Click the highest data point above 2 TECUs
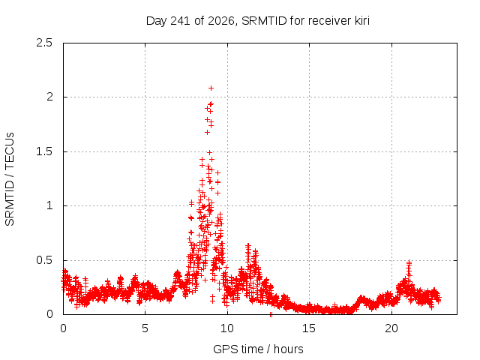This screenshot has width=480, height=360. coord(211,88)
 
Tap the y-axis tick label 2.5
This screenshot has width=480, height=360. coord(44,43)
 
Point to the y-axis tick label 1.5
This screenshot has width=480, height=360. coord(44,151)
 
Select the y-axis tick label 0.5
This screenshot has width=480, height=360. coord(44,260)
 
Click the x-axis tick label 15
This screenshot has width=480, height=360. coord(309,328)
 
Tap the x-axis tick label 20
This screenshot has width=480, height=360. coord(391,328)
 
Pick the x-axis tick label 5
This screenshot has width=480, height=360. coord(145,328)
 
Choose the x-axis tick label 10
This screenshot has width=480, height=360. coord(227,328)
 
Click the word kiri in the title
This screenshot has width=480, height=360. coord(362,21)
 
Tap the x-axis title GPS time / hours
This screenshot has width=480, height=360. coord(258,349)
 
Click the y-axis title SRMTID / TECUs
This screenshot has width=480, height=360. coord(10,179)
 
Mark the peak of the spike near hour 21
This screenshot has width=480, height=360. coord(409,262)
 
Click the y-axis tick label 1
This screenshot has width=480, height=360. coord(49,205)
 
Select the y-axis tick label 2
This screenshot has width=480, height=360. coord(49,97)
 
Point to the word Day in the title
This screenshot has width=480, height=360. coord(157,21)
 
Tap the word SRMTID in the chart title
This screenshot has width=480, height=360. coord(264,21)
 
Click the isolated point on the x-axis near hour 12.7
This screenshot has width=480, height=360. coord(271,314)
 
